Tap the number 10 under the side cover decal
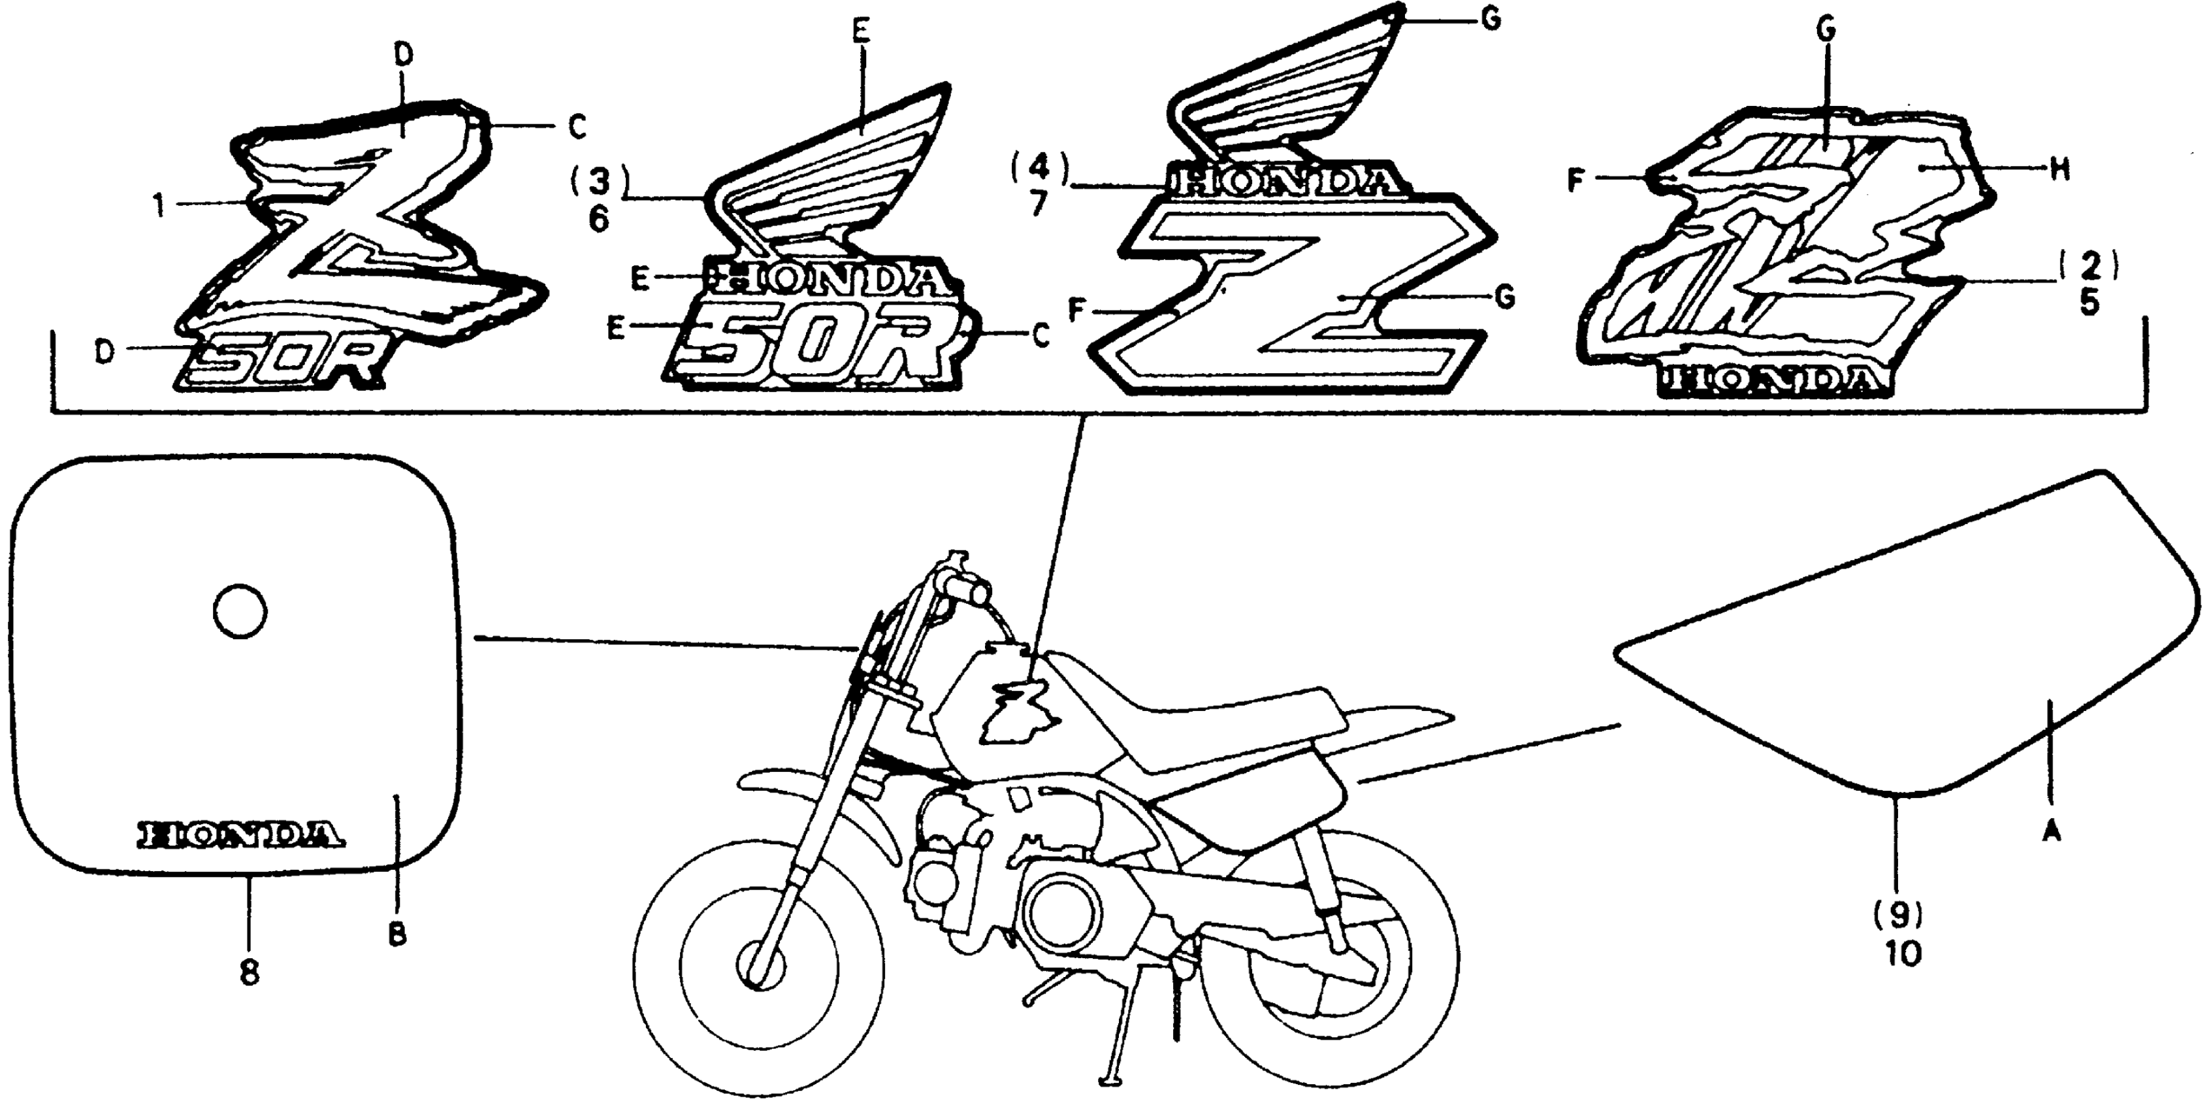(1903, 954)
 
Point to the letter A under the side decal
(2052, 830)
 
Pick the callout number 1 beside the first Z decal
(158, 205)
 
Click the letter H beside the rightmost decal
(2060, 170)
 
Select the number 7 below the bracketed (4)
(1039, 205)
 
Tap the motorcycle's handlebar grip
(970, 590)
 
